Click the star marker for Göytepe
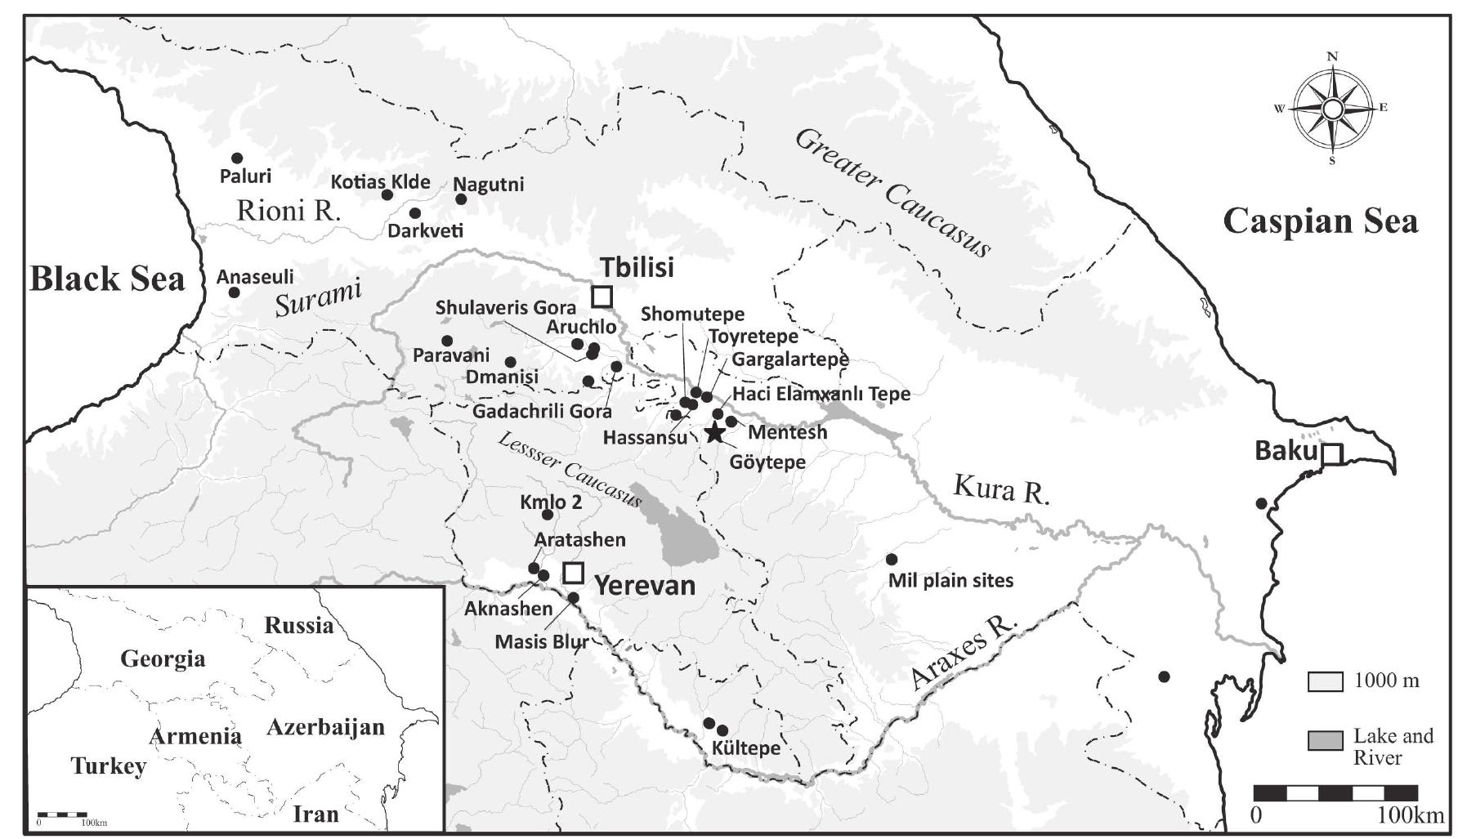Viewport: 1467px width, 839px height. [x=715, y=433]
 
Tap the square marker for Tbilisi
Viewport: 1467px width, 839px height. [x=602, y=297]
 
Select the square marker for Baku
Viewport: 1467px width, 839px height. [x=1332, y=454]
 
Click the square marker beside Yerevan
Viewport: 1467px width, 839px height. [x=574, y=573]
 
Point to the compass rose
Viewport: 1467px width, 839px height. [x=1332, y=109]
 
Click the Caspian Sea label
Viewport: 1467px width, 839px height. [x=1320, y=221]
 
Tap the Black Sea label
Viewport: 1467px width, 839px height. [x=107, y=279]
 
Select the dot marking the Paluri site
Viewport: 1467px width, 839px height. [x=237, y=158]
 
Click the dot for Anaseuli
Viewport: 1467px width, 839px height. [x=234, y=292]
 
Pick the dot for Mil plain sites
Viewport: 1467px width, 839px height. [x=892, y=560]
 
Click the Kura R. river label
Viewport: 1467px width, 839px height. [x=1001, y=489]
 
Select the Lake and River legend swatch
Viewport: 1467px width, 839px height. [x=1325, y=741]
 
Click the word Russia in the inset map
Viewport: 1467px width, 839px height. [x=298, y=626]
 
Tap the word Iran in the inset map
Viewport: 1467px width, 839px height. [x=315, y=814]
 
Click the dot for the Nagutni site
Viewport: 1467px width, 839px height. [x=461, y=199]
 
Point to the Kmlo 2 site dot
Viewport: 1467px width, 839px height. [x=548, y=515]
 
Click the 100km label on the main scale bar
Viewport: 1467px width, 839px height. [x=1410, y=815]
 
